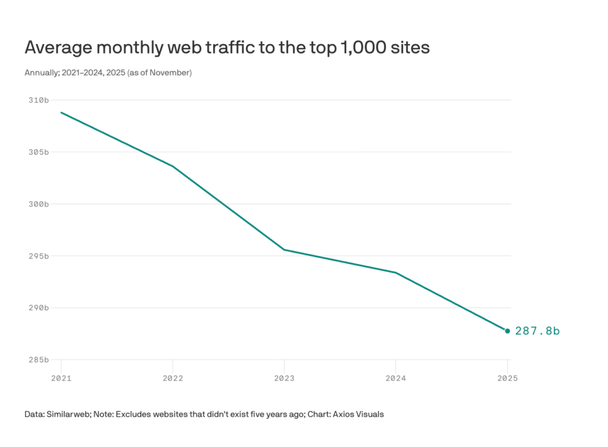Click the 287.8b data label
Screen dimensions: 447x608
[537, 331]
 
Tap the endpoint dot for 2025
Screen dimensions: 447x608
[508, 331]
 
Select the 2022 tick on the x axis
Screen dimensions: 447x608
[172, 378]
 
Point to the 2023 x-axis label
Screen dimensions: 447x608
[284, 378]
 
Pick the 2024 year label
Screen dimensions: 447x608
[395, 378]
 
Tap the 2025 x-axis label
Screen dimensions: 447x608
[507, 378]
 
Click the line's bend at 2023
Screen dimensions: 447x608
[284, 250]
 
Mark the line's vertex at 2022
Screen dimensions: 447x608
[173, 166]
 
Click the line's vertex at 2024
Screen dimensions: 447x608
[395, 272]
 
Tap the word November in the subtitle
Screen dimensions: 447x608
[172, 73]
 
